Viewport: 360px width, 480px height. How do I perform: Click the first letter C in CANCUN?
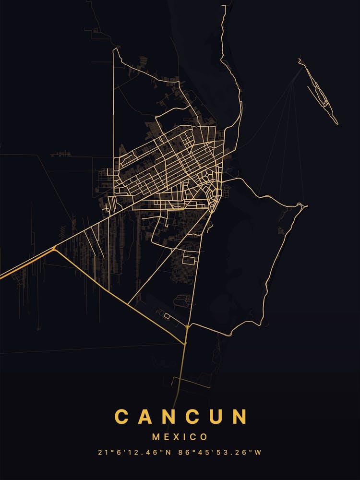tap(122, 417)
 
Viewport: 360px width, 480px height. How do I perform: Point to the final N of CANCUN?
tap(239, 417)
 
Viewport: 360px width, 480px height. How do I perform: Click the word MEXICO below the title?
tap(180, 437)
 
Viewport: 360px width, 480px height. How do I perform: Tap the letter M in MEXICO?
tap(156, 437)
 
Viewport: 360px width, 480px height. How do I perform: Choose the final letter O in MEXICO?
tap(204, 437)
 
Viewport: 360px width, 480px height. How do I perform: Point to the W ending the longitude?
tap(258, 452)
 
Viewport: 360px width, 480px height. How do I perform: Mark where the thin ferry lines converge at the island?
tap(302, 66)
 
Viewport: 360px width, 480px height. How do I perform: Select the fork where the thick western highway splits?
tap(55, 248)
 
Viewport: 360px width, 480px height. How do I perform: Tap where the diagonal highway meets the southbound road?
tap(185, 344)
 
